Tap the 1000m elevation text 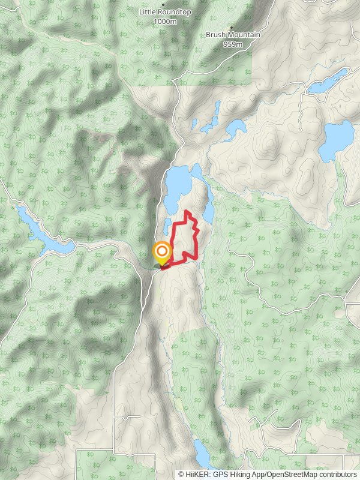[x=165, y=21]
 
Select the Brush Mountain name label [x=233, y=35]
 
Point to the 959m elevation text [x=233, y=44]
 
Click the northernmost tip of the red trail [x=187, y=212]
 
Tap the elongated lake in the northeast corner [x=328, y=82]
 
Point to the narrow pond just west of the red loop [x=166, y=226]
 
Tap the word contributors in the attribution [x=338, y=474]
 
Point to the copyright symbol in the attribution [x=181, y=474]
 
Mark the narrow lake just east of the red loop [x=208, y=210]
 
